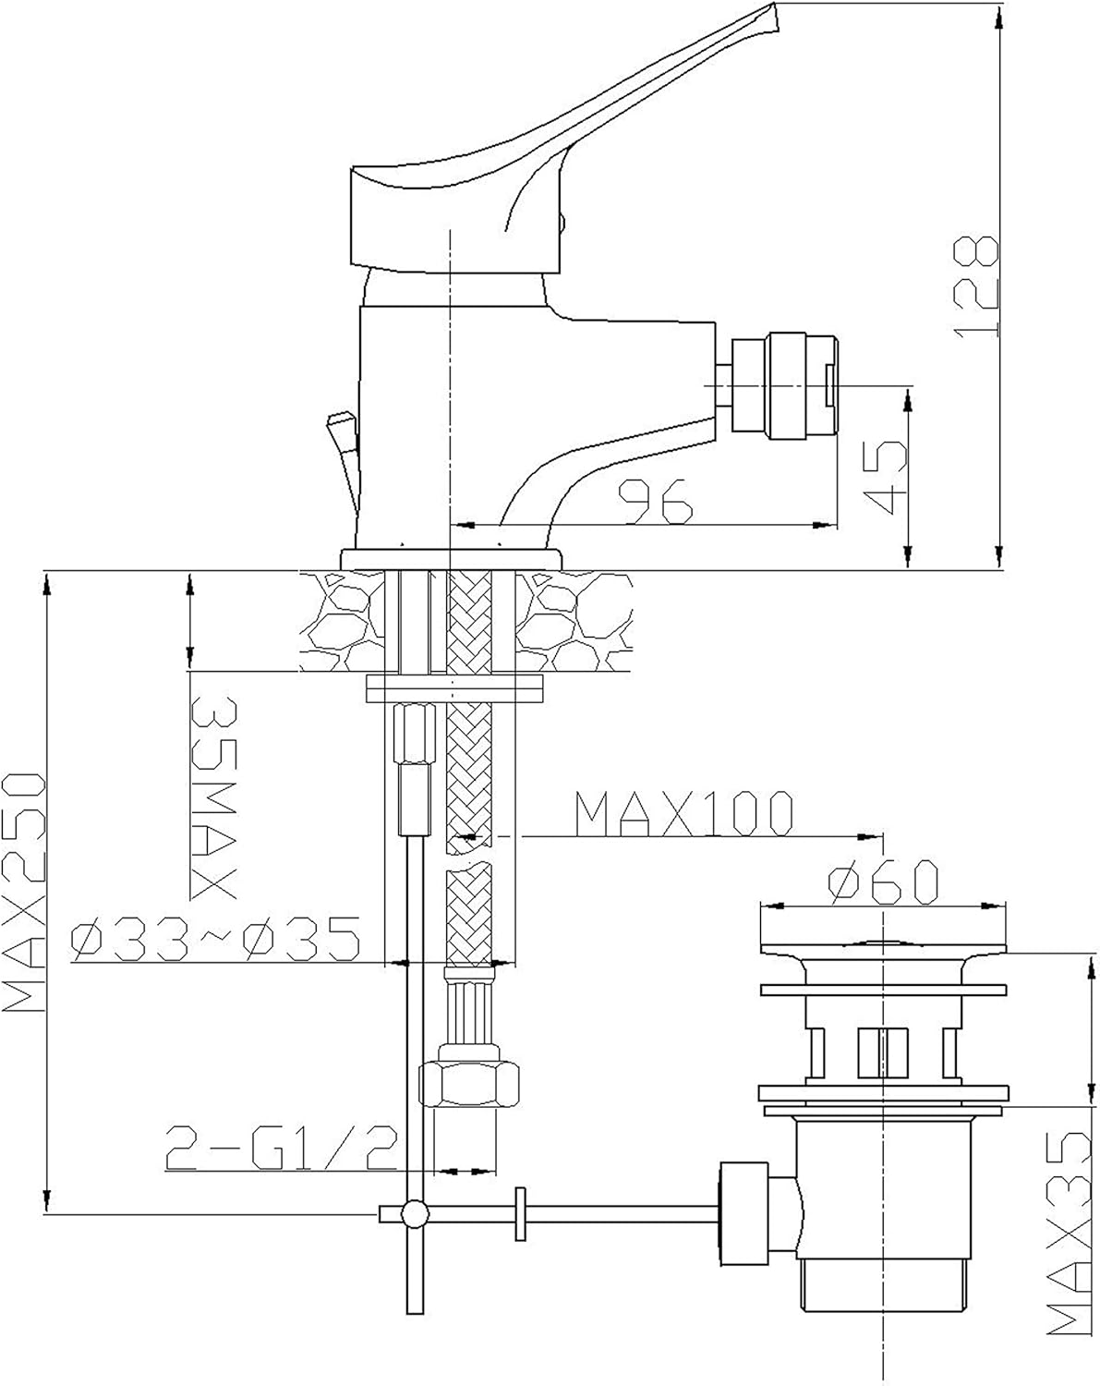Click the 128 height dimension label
click(x=977, y=286)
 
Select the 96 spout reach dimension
click(x=656, y=501)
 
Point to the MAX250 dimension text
click(x=25, y=894)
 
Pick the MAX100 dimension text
click(x=683, y=814)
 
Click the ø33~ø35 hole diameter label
click(x=215, y=941)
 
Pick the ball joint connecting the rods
click(x=413, y=1212)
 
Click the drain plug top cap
click(x=883, y=946)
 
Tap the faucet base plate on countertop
click(x=452, y=560)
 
